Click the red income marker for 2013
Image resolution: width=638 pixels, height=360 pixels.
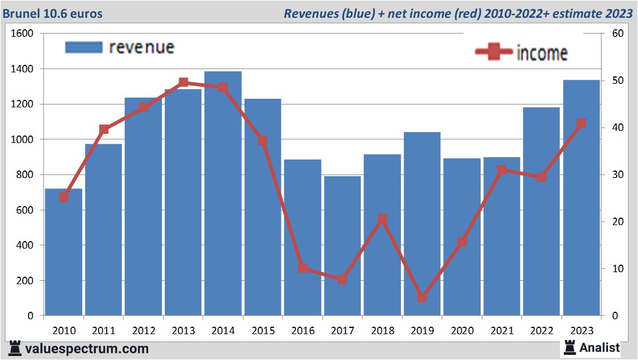coord(183,83)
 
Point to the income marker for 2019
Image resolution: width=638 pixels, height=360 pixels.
coord(422,297)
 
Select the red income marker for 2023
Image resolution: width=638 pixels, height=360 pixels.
coord(581,123)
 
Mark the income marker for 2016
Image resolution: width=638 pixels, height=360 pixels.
coord(303,268)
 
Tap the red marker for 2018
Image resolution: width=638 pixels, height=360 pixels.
coord(382,219)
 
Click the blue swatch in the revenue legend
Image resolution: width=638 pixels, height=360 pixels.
coord(83,47)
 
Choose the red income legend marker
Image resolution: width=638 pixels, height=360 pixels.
coord(494,52)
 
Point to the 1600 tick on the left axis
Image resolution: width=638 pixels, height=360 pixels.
coord(23,33)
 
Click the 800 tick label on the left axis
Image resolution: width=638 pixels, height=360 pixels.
coord(25,175)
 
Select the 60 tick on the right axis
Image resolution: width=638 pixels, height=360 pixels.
coord(618,33)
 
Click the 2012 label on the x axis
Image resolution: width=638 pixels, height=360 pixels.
coord(144,331)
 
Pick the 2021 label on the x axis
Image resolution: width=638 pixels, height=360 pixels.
coord(502,331)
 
